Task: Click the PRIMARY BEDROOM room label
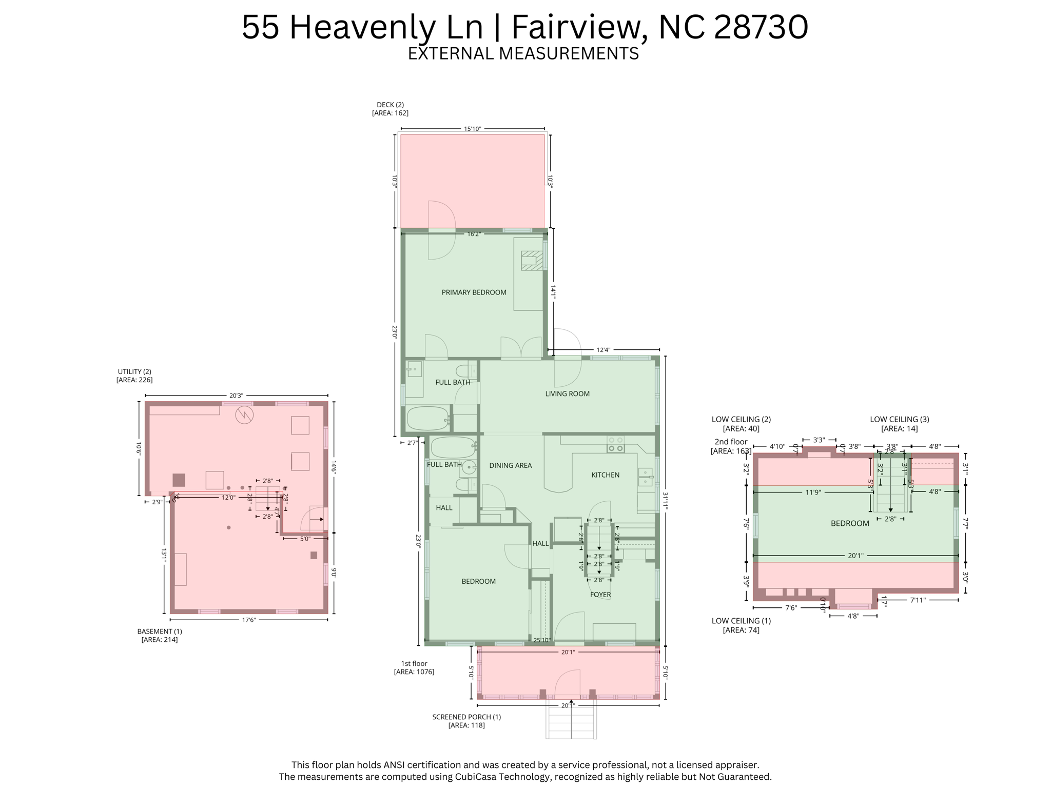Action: (474, 292)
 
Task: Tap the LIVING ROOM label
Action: (567, 393)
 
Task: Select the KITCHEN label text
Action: (605, 475)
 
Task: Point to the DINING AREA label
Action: (510, 465)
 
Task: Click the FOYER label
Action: (600, 595)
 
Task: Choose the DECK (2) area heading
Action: (390, 105)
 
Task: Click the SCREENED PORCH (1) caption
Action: (466, 717)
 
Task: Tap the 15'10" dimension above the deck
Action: (472, 129)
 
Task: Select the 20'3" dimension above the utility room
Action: (236, 396)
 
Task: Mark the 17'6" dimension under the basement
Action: (249, 620)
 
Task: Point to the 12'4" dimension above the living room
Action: (603, 350)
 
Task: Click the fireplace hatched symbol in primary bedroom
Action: (532, 260)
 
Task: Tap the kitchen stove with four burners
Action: (615, 444)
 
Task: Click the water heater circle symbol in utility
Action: (244, 415)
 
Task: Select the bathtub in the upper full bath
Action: (428, 418)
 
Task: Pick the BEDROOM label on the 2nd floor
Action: (850, 523)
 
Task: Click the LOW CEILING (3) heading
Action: (899, 419)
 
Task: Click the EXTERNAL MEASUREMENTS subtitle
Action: (523, 53)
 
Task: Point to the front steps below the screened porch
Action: (571, 721)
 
